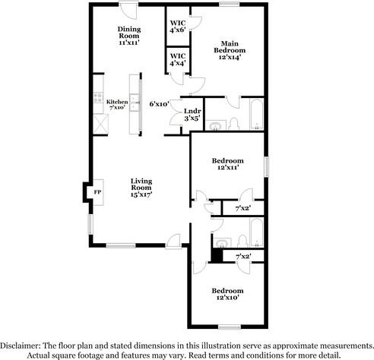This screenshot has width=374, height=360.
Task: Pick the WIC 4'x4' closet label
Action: point(178,59)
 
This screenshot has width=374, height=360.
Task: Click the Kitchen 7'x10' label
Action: point(117,104)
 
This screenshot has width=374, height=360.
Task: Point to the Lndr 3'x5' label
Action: point(192,115)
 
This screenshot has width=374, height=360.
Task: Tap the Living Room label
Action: point(141,187)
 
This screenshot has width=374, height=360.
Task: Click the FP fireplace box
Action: point(97,192)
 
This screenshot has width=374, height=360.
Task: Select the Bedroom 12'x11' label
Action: point(227,165)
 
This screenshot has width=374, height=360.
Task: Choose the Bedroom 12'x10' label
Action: point(227,295)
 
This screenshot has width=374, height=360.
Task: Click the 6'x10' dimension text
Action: point(159,103)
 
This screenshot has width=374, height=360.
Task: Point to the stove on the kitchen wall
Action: point(98,98)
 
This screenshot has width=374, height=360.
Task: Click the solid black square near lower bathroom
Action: point(217,257)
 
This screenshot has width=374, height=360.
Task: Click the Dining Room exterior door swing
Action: point(130,13)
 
